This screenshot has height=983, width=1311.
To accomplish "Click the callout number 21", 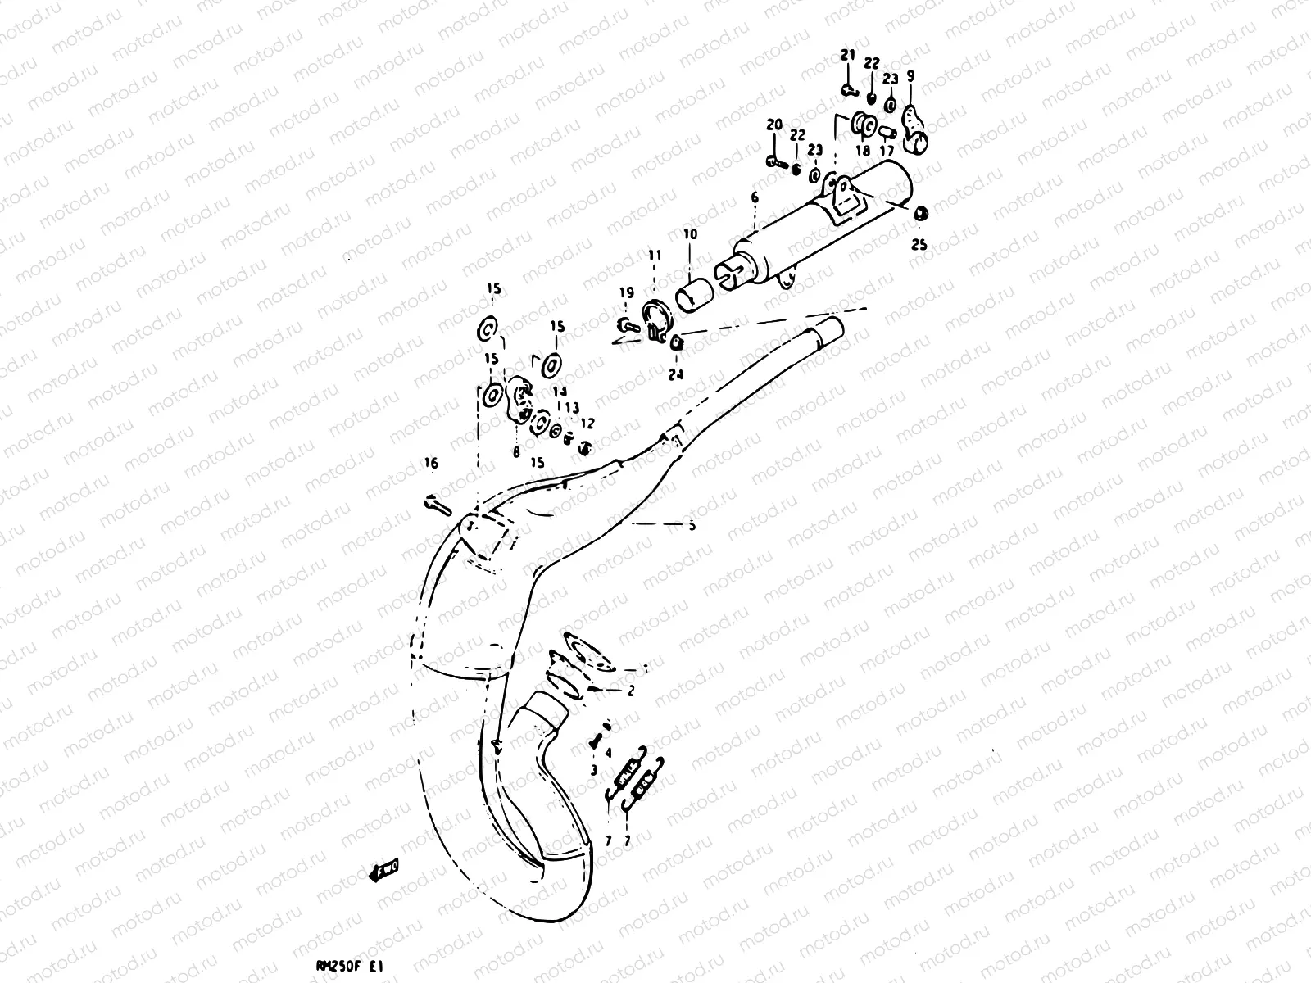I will point(847,55).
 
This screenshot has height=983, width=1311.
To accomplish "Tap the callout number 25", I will point(919,244).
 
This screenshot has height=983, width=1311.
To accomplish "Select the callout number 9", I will point(910,76).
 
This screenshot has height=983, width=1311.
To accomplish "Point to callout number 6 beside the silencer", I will point(755,197).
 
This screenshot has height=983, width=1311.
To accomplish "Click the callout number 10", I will point(690,234).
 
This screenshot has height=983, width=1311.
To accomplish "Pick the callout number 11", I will point(654,256).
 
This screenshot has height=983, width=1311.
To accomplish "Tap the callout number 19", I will point(626,292).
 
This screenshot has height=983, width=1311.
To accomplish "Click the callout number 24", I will point(675,375).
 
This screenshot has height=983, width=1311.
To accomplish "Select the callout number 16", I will point(431,464).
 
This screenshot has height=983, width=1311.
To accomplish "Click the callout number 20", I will point(774,125).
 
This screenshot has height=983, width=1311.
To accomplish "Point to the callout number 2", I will point(631,691).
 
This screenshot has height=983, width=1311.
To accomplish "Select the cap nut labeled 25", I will point(920,214).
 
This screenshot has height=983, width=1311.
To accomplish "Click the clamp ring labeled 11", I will point(655,318).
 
